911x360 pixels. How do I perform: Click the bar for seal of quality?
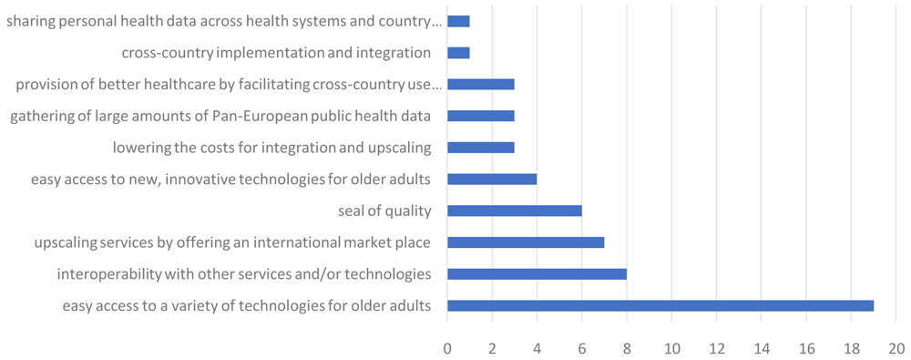pos(514,211)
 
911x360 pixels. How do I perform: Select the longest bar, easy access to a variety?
pos(660,306)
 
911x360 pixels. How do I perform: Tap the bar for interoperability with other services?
pos(537,274)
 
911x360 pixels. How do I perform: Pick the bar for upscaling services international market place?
pos(526,242)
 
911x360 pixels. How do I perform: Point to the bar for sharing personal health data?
pos(458,22)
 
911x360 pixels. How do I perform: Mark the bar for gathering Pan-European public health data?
pos(481,117)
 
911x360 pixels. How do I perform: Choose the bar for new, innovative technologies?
pos(492,180)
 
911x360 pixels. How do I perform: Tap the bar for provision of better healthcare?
pos(481,85)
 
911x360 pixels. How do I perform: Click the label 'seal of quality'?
pos(384,211)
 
